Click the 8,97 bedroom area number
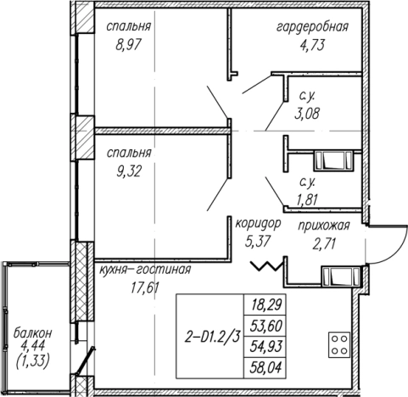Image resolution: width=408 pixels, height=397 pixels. (x=128, y=45)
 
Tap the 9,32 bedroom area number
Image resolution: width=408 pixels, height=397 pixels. (x=129, y=171)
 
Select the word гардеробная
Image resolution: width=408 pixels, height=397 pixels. (x=312, y=27)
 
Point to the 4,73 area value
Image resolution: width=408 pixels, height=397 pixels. (x=312, y=45)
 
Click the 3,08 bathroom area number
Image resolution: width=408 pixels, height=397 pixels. (x=307, y=114)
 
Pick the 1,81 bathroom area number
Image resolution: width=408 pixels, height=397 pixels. (x=307, y=200)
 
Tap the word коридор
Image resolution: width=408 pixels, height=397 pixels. (x=259, y=224)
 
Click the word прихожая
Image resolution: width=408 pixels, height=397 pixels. (x=324, y=226)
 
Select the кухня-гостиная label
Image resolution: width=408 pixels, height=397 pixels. (x=145, y=270)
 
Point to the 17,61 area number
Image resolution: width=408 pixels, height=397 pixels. (x=145, y=288)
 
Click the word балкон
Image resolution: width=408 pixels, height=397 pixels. (x=33, y=333)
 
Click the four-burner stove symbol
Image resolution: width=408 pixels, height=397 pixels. (x=339, y=344)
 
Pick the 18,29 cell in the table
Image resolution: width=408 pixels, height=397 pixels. (x=265, y=305)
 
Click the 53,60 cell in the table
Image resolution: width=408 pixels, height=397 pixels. (x=266, y=326)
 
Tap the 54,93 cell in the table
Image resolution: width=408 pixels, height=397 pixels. (x=266, y=347)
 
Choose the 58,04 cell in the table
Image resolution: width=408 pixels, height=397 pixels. (x=266, y=368)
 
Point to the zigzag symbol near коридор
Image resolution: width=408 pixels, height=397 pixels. (x=266, y=266)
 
